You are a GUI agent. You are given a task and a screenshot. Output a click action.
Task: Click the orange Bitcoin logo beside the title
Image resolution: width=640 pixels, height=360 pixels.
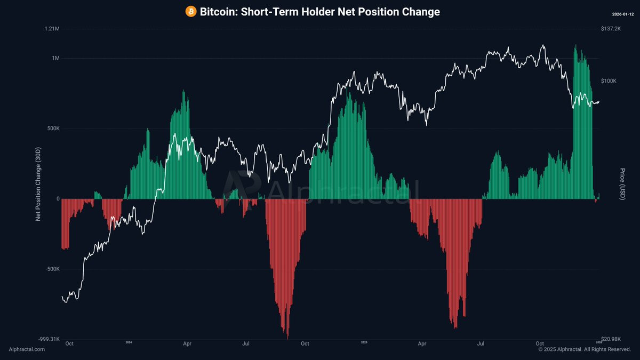click(191, 11)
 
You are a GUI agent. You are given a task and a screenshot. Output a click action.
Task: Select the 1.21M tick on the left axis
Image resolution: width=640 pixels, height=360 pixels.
click(52, 28)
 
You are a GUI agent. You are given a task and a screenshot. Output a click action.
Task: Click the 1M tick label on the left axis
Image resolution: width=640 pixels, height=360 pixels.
click(55, 58)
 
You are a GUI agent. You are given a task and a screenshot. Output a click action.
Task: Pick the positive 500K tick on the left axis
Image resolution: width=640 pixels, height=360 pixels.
click(52, 129)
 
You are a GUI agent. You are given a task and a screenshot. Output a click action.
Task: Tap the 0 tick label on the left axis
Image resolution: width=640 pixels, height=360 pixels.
click(58, 199)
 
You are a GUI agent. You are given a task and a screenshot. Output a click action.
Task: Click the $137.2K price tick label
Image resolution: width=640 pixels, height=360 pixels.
click(611, 28)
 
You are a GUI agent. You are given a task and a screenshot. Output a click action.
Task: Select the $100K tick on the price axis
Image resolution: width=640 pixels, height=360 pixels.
click(609, 81)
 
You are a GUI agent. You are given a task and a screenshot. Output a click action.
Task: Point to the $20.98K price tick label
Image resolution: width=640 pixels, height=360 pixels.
click(611, 339)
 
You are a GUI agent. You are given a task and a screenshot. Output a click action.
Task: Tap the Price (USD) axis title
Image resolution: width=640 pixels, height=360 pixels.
click(622, 184)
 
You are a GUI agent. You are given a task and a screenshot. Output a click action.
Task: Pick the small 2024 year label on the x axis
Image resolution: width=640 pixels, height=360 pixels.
click(129, 342)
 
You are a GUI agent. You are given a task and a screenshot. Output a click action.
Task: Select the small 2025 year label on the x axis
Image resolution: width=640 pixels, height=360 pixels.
click(364, 342)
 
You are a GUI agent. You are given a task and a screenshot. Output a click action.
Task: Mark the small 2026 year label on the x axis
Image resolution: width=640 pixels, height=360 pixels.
click(598, 342)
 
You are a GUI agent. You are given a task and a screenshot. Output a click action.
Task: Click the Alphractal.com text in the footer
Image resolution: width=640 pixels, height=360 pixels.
click(27, 349)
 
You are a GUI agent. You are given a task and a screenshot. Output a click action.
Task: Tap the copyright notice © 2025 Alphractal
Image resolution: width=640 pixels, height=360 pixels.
click(585, 349)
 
